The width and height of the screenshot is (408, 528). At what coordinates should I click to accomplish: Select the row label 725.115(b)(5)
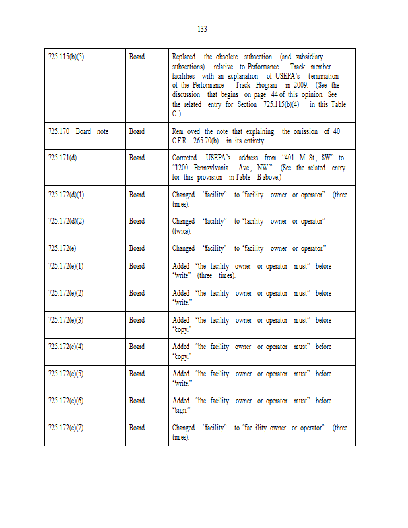pos(66,57)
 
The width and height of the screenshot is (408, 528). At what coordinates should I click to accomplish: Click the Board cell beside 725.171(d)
pos(137,158)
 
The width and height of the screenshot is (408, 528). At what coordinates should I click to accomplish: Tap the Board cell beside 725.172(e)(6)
pos(137,401)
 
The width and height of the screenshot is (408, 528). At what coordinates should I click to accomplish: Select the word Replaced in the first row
pos(184,57)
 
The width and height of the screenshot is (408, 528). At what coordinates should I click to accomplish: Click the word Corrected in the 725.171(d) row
pos(186,158)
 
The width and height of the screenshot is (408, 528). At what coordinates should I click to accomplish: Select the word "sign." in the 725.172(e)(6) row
pos(182,410)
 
